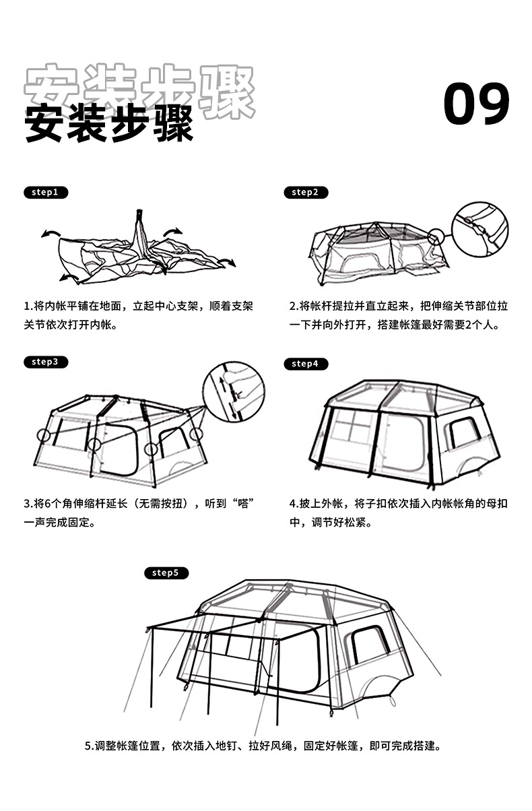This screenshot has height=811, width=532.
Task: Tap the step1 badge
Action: [45, 193]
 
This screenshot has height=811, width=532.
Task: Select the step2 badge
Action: [305, 193]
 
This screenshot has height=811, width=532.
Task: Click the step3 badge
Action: [45, 362]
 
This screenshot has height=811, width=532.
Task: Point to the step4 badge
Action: [305, 364]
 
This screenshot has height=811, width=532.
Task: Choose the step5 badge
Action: [166, 573]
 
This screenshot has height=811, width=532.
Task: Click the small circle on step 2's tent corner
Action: [436, 237]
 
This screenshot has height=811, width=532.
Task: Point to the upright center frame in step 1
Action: [141, 236]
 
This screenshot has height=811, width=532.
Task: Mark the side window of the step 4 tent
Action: [464, 432]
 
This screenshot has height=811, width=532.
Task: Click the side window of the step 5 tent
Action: [369, 645]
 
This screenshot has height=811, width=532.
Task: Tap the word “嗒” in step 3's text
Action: [244, 503]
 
